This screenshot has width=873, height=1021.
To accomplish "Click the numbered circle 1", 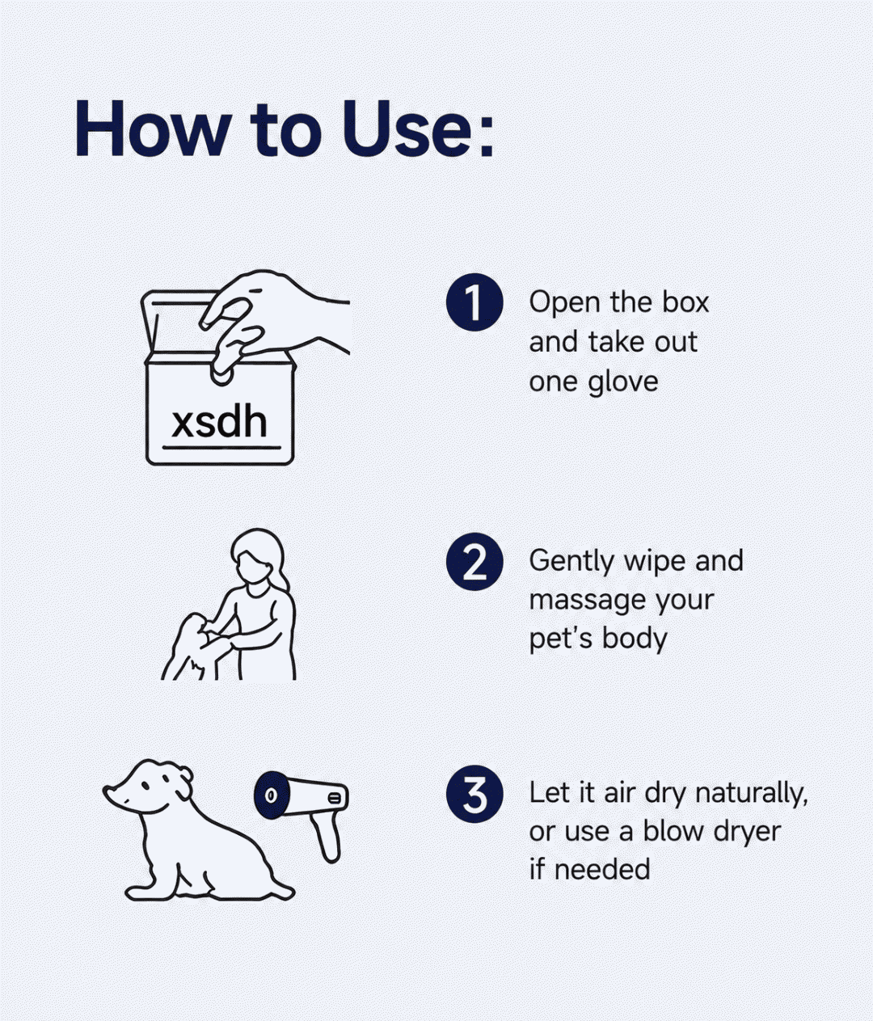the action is pyautogui.click(x=474, y=302).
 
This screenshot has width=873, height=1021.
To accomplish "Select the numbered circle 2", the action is pyautogui.click(x=474, y=562).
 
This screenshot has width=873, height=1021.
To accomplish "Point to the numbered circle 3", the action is pyautogui.click(x=474, y=794).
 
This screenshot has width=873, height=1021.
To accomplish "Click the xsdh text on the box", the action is pyautogui.click(x=219, y=422).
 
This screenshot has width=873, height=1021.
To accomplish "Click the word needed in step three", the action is pyautogui.click(x=602, y=869).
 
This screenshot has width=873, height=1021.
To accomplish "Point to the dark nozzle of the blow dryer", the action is pyautogui.click(x=270, y=795).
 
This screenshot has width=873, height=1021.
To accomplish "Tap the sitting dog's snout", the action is pyautogui.click(x=115, y=794).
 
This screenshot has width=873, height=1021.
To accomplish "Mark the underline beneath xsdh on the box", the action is pyautogui.click(x=221, y=448).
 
